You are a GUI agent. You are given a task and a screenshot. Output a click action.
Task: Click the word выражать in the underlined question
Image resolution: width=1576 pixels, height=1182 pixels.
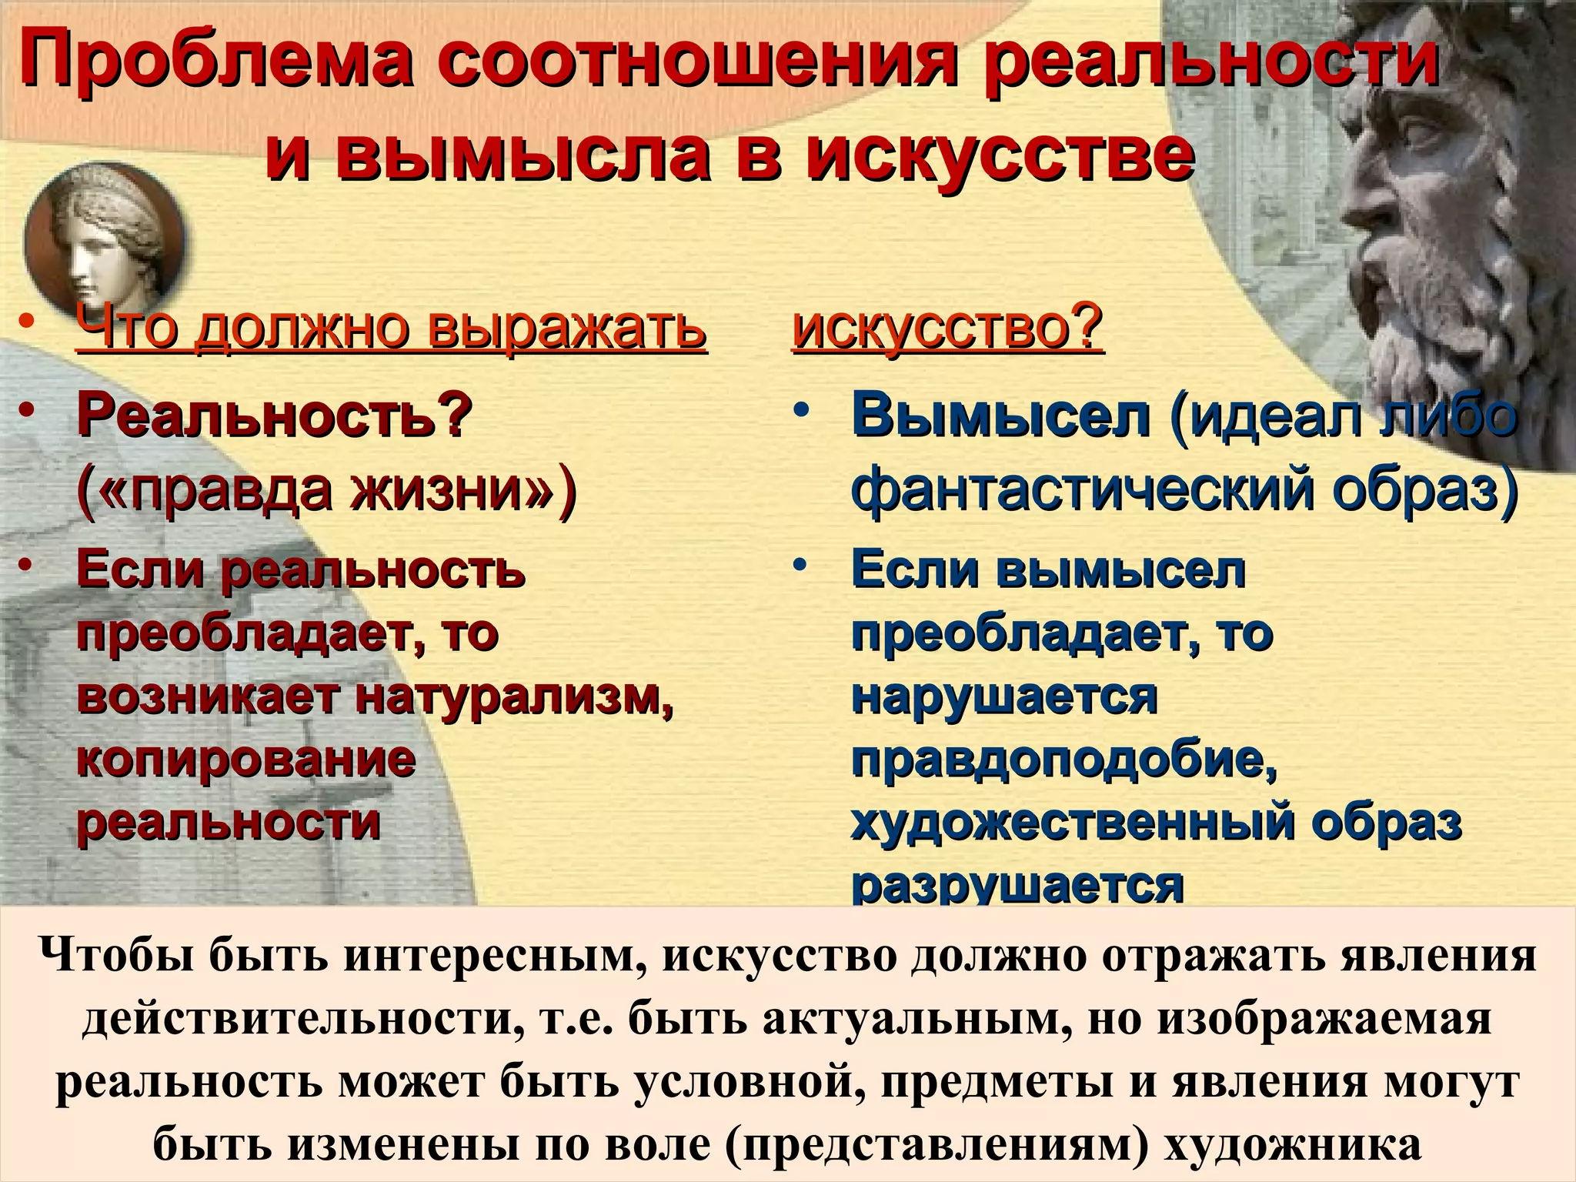point(566,329)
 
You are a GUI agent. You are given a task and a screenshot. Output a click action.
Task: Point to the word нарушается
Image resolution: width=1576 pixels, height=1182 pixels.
point(1004,697)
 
